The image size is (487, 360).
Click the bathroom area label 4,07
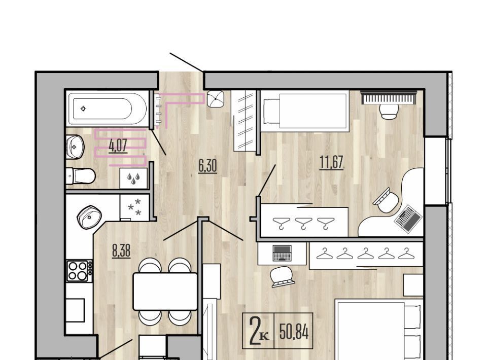[118, 145]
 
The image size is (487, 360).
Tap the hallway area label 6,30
[208, 165]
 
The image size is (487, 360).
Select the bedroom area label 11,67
[331, 162]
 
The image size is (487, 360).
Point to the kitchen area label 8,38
[121, 251]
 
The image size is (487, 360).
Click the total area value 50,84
[294, 332]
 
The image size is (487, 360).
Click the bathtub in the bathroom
[107, 109]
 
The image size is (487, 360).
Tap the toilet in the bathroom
[81, 176]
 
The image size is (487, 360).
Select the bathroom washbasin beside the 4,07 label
[75, 147]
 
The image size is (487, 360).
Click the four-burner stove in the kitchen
[80, 271]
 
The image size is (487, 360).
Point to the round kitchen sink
[89, 217]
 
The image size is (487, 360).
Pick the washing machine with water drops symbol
[133, 178]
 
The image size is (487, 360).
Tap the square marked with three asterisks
[134, 207]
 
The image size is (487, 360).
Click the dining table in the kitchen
[165, 291]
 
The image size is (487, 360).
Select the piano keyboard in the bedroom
[389, 97]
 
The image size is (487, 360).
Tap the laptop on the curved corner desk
[408, 219]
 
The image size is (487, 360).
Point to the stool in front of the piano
[390, 112]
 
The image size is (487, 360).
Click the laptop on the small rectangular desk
[282, 253]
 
